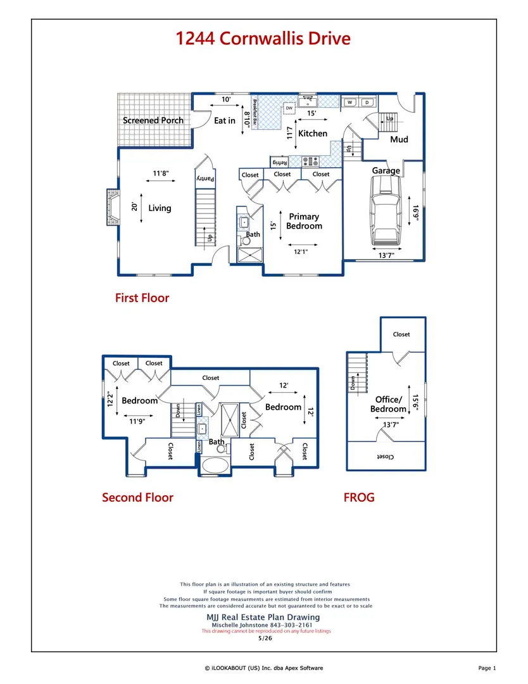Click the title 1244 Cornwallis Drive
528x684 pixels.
(x=263, y=39)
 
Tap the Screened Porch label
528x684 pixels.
(x=153, y=120)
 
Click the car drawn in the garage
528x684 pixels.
(x=385, y=211)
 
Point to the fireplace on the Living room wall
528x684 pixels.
(x=113, y=206)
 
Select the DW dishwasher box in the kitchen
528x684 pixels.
(x=289, y=108)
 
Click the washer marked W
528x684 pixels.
(x=349, y=103)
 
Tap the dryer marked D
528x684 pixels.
(x=367, y=103)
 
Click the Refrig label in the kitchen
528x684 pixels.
(x=279, y=162)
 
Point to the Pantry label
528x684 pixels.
(x=205, y=179)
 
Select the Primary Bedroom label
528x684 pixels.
(x=304, y=221)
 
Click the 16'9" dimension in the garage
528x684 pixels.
(x=415, y=213)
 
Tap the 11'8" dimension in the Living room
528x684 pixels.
(x=160, y=174)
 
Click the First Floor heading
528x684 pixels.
(x=142, y=298)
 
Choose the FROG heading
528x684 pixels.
(x=359, y=498)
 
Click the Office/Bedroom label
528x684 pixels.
(x=388, y=404)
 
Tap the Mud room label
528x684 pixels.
(x=399, y=139)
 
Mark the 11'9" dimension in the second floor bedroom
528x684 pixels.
(x=137, y=421)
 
